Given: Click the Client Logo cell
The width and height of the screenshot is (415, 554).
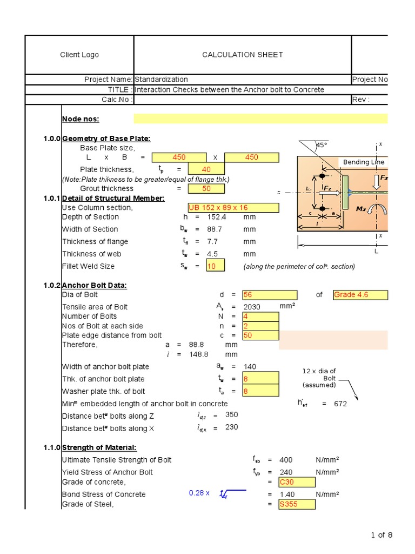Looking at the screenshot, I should tap(79, 55).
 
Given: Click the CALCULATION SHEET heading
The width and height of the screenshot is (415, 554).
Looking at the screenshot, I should tap(242, 55).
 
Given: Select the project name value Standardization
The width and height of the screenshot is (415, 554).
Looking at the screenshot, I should tap(161, 80).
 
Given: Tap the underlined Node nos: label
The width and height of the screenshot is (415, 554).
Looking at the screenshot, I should tap(81, 119).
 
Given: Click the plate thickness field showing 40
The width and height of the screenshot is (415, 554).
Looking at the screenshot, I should tap(206, 169).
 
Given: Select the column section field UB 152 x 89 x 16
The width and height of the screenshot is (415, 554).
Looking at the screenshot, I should tap(233, 208).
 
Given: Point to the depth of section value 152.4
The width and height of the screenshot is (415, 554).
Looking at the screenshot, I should tap(216, 217).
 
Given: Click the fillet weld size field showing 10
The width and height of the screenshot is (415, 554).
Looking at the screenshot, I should tap(216, 266).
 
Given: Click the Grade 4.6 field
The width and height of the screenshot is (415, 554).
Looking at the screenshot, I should tap(360, 295).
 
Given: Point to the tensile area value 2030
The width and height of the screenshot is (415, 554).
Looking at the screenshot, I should tap(252, 307).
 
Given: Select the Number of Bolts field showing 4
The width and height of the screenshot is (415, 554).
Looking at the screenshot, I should tap(261, 316).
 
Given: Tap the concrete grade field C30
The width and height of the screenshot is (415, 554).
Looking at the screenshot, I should tap(297, 482).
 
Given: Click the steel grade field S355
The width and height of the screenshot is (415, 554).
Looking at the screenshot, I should tap(297, 504).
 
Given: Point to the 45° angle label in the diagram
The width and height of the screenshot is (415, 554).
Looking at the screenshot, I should tap(322, 146).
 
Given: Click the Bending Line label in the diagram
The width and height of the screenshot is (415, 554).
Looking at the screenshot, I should tap(364, 162).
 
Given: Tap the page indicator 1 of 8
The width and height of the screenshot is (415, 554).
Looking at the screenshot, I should tap(381, 535).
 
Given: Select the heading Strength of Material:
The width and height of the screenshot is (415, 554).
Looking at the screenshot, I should tap(99, 447).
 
